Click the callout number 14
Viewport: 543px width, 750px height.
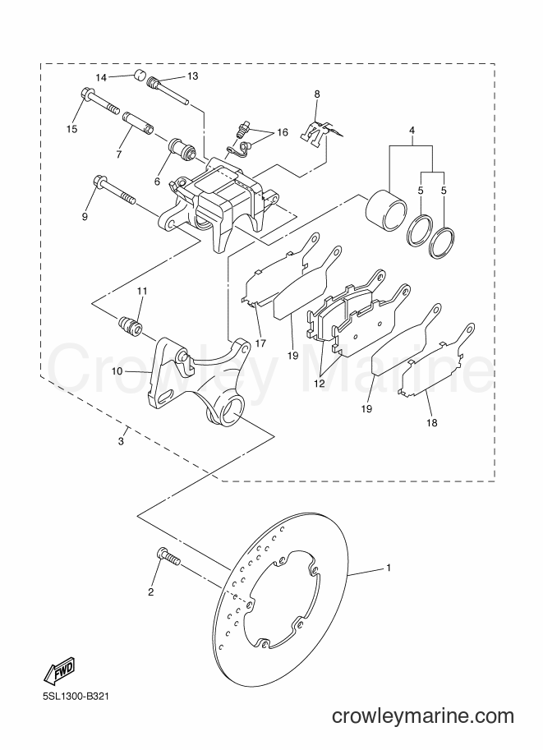point(100,77)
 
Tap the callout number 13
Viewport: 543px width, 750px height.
point(192,76)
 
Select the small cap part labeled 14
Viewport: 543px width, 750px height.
point(138,75)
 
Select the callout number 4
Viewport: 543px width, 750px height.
point(412,130)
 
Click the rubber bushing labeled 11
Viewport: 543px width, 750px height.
point(131,326)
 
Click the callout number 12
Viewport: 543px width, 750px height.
point(319,383)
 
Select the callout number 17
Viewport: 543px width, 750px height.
point(260,343)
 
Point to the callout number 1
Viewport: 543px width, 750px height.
point(389,568)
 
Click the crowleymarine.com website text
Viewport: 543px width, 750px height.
point(423,716)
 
